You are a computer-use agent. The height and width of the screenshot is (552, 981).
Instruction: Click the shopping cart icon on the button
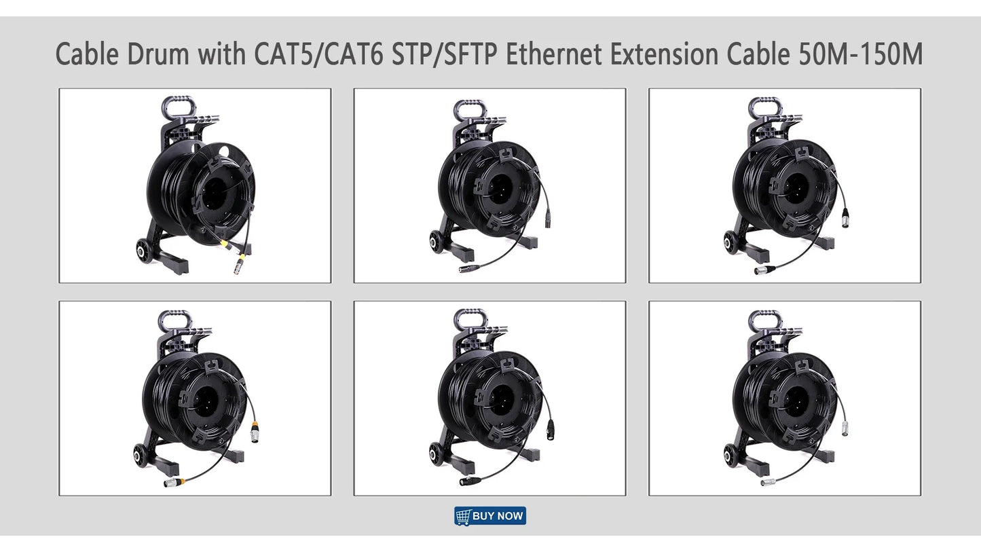pyautogui.click(x=463, y=516)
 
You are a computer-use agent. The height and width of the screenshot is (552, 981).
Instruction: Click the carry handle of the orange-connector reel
pyautogui.click(x=170, y=319)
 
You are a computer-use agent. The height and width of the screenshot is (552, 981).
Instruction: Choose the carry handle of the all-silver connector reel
pyautogui.click(x=761, y=319)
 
